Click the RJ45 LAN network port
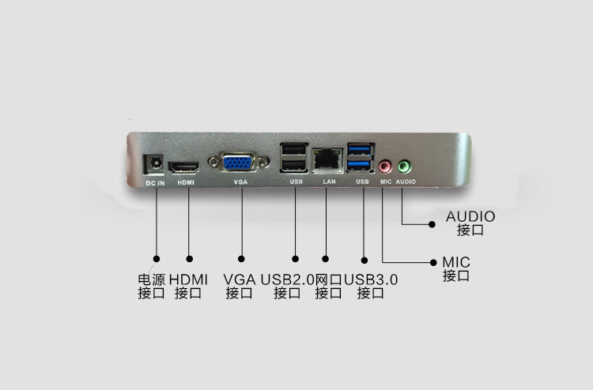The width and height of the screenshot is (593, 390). [325, 160]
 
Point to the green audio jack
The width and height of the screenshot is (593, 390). [403, 167]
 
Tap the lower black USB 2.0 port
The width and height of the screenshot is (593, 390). [293, 166]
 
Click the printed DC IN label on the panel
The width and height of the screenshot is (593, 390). [155, 183]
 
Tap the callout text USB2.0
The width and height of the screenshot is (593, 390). [287, 279]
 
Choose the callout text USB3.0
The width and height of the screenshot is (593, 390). [371, 279]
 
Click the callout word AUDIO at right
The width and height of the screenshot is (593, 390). [470, 216]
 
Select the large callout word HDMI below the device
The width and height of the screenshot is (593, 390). [188, 279]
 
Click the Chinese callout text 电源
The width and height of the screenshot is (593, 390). [151, 279]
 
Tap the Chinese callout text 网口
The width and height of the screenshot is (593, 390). [328, 279]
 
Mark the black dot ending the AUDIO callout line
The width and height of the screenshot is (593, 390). [432, 223]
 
